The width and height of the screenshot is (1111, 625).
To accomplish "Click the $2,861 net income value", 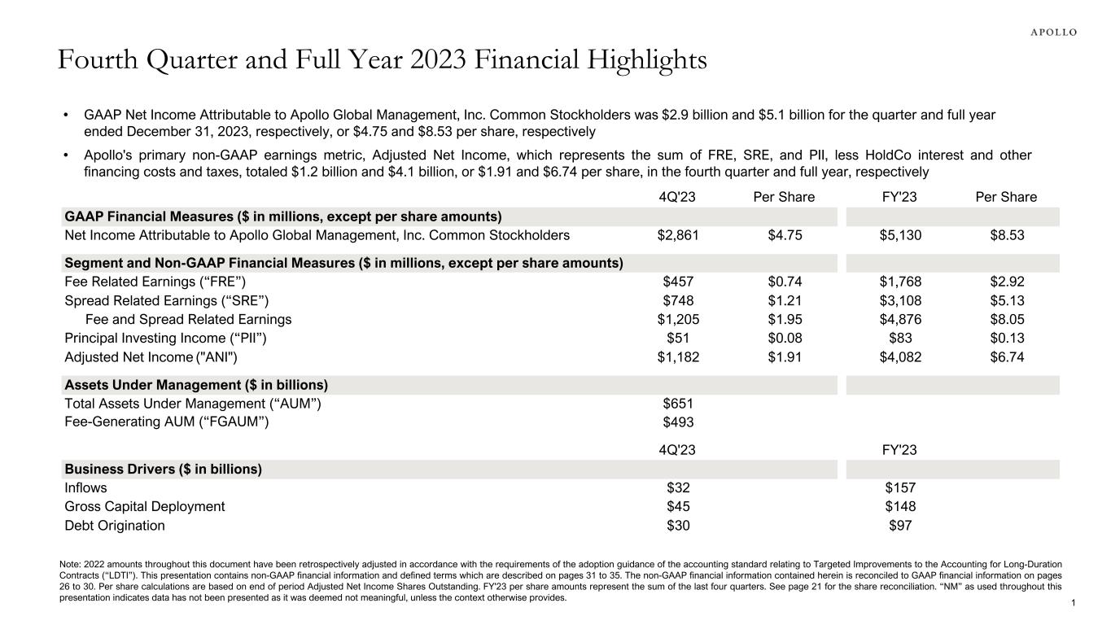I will [x=677, y=236].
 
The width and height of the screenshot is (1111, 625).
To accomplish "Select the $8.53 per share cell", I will [x=1006, y=236].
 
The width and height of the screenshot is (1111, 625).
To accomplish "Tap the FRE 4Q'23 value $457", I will [x=677, y=282].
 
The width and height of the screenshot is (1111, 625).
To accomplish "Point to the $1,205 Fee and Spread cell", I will [x=677, y=320].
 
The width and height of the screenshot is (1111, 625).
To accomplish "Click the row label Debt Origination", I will [x=115, y=526].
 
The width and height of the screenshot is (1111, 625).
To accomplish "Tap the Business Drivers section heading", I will [x=163, y=470].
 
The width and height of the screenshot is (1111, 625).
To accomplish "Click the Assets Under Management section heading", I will [x=196, y=385].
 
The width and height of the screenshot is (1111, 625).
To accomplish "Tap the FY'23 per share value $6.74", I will [x=1006, y=357].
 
